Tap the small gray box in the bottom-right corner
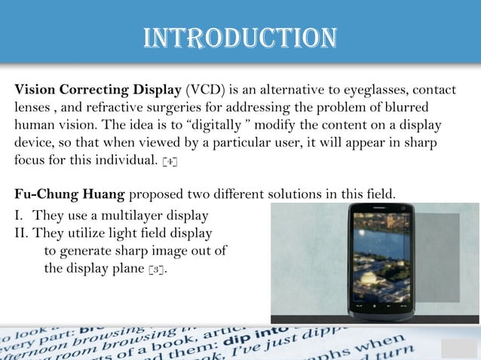[x=459, y=349]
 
